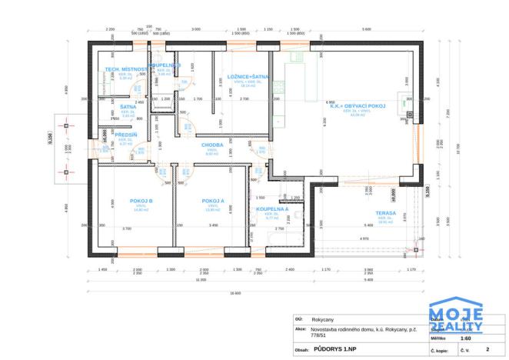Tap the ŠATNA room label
pyautogui.click(x=128, y=107)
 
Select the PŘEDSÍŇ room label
pyautogui.click(x=126, y=135)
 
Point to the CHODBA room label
pyautogui.click(x=212, y=145)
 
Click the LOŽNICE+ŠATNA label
pyautogui.click(x=248, y=77)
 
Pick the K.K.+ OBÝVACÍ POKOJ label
pyautogui.click(x=357, y=105)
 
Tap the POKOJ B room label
pyautogui.click(x=141, y=201)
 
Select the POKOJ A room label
pyautogui.click(x=212, y=201)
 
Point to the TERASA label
pyautogui.click(x=386, y=213)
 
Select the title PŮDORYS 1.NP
pyautogui.click(x=336, y=348)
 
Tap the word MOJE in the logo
pyautogui.click(x=455, y=313)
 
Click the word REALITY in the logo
pyautogui.click(x=455, y=325)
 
